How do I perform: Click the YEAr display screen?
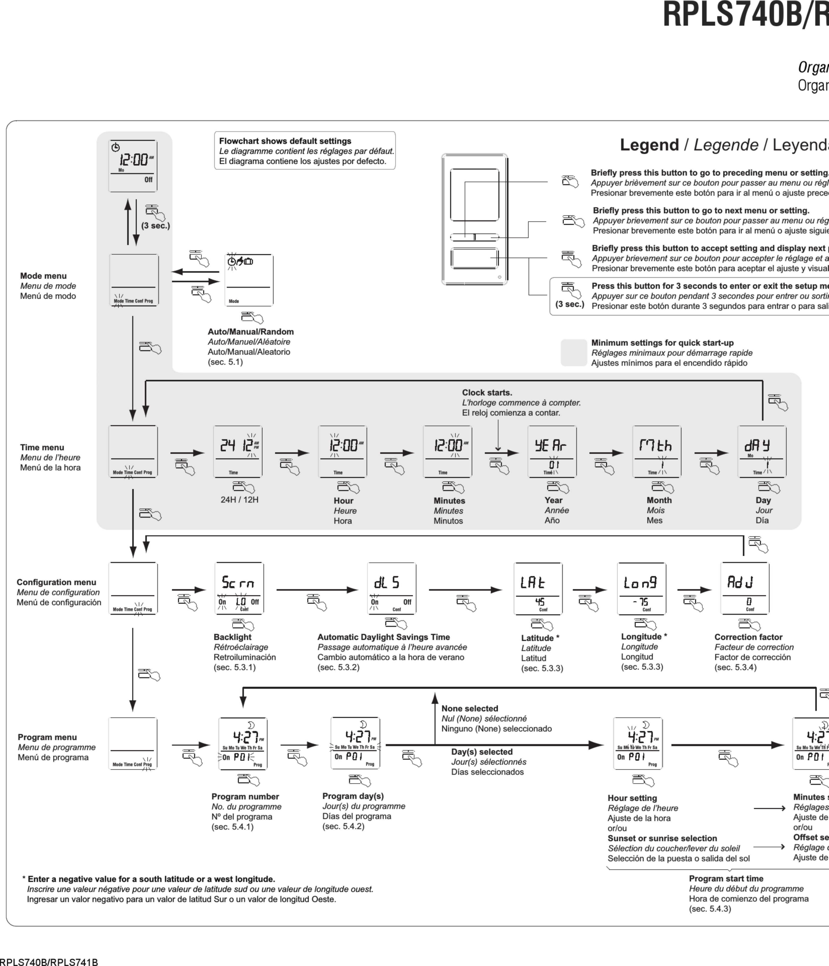pos(552,451)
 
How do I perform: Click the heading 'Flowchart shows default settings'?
pos(285,141)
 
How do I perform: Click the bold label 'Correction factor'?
pos(748,637)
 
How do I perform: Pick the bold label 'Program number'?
pos(245,796)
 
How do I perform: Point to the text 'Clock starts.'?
pos(487,393)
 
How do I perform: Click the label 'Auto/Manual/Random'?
pos(250,331)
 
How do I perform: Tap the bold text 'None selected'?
pos(470,708)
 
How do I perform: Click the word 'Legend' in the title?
pos(649,145)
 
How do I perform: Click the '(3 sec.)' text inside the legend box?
pos(569,304)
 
